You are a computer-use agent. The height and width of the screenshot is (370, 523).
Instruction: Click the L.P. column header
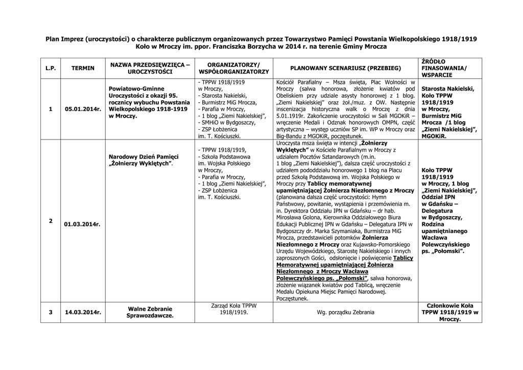coord(50,68)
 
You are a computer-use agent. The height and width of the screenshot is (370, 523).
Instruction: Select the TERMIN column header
coord(83,68)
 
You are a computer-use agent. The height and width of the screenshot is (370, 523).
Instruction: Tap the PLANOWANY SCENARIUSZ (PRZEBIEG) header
coord(346,68)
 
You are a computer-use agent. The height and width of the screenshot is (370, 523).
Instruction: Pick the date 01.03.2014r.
coord(83,224)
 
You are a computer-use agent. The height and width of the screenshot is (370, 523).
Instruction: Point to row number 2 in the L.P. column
coord(50,220)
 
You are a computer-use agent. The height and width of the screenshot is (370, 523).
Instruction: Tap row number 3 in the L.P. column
coord(50,312)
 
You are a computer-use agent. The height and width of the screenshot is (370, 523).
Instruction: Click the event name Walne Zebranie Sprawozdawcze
coord(150,312)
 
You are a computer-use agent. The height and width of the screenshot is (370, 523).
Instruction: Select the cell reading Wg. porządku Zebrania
coord(346,312)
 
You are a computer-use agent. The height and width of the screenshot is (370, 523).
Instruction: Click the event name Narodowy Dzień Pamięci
coord(144,160)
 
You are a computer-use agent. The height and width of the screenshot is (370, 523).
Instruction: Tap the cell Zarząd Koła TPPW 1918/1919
coord(234,308)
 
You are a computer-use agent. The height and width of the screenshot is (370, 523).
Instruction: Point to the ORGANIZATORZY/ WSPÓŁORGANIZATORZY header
coord(234,68)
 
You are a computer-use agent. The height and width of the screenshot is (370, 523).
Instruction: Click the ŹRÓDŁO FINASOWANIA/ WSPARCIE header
coord(444,68)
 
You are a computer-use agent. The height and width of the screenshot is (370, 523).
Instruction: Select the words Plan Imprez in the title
coord(64,39)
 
